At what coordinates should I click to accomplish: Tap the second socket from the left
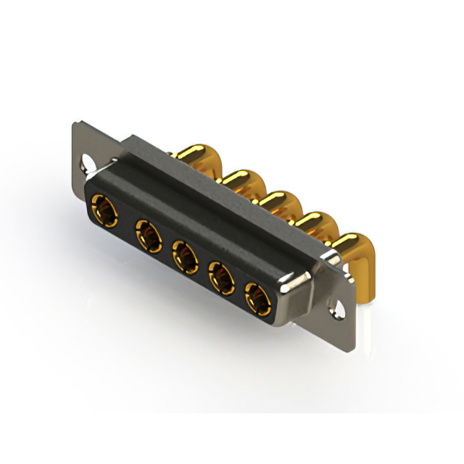point(148,236)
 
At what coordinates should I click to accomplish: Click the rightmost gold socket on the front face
point(257,297)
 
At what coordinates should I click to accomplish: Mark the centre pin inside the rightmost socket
point(257,298)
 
